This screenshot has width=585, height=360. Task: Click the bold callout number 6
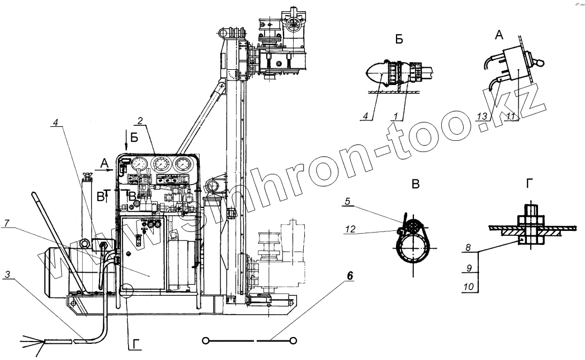point(350,276)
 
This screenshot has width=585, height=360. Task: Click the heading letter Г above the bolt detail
point(529,184)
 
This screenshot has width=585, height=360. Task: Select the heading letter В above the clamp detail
point(415,184)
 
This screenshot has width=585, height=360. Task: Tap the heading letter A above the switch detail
point(499,35)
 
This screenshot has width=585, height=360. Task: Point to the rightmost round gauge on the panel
point(183,165)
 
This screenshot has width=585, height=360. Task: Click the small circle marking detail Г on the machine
point(125,291)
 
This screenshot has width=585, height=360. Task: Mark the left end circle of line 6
point(206,340)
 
